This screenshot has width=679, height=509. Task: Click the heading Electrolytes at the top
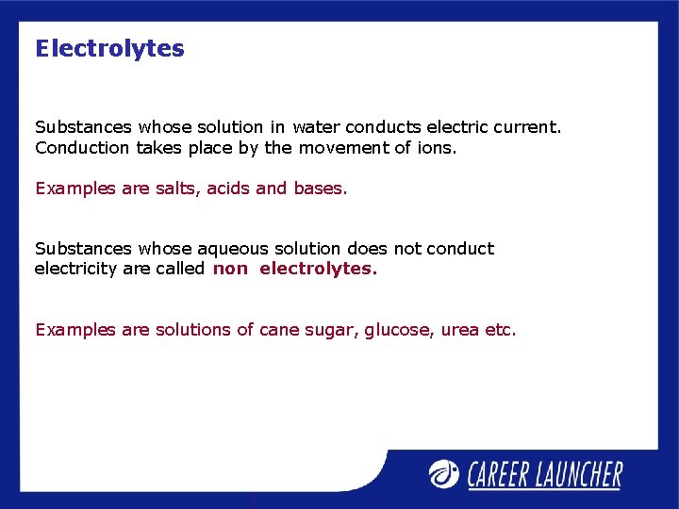coord(109,49)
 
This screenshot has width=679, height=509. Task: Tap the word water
coord(316,126)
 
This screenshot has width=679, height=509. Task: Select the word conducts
coord(383,126)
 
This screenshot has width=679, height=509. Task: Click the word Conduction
coord(82,147)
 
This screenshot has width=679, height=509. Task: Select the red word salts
coord(176,189)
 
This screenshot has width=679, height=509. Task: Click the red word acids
coord(228,189)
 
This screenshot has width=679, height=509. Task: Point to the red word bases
coord(320,189)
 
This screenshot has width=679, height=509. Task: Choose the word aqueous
coord(233,249)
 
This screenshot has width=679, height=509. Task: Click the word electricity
coord(74,269)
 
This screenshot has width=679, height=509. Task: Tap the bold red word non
coord(230,269)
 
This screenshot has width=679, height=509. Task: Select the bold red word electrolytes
coord(318,269)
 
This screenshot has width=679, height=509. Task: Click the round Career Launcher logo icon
coord(443,472)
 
